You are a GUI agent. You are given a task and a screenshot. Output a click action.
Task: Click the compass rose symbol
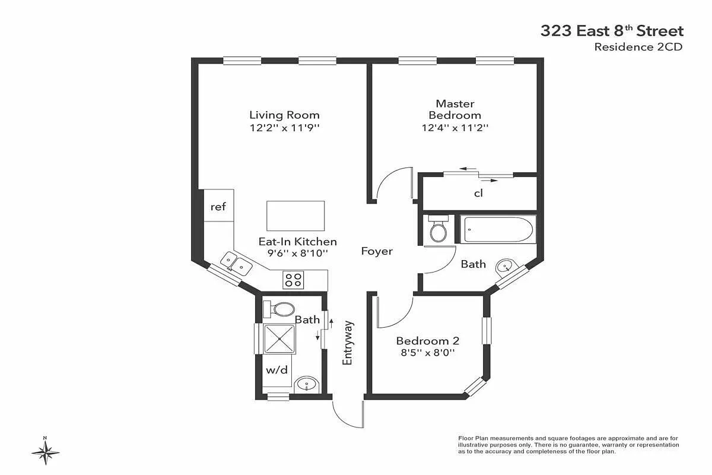pos(45,451)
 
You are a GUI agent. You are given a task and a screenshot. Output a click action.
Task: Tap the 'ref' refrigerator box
pos(218,207)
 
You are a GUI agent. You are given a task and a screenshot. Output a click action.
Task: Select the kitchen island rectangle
pos(295,216)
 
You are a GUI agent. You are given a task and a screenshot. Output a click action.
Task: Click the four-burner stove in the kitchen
pos(293,278)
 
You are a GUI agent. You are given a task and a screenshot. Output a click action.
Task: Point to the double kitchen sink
pos(235,264)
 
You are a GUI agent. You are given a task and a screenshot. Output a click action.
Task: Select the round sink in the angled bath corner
pos(506,266)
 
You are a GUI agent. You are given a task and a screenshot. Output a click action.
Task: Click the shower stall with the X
pos(279,339)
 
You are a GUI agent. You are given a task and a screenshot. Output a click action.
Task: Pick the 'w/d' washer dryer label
pos(276,370)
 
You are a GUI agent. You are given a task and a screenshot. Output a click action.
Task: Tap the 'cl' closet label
pos(478,193)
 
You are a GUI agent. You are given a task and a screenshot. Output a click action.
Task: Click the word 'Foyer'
pos(377,251)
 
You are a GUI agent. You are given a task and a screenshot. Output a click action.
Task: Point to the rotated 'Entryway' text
pos(348,343)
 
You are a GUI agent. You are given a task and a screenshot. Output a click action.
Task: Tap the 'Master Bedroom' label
pos(454,109)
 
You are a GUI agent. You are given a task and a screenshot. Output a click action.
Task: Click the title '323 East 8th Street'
pos(612,31)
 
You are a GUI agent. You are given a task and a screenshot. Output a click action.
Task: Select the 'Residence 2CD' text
pos(638,47)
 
